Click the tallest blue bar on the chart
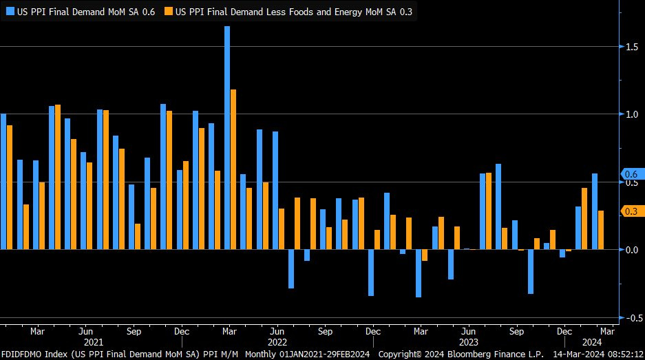click(227, 138)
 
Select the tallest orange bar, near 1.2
click(233, 169)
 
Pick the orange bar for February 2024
click(601, 230)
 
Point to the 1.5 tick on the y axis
click(631, 47)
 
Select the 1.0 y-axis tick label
click(631, 114)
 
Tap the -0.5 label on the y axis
click(630, 318)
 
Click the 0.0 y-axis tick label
click(631, 250)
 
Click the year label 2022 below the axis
click(277, 341)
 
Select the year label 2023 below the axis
click(468, 341)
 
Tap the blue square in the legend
click(10, 12)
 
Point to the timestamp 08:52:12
click(624, 354)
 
